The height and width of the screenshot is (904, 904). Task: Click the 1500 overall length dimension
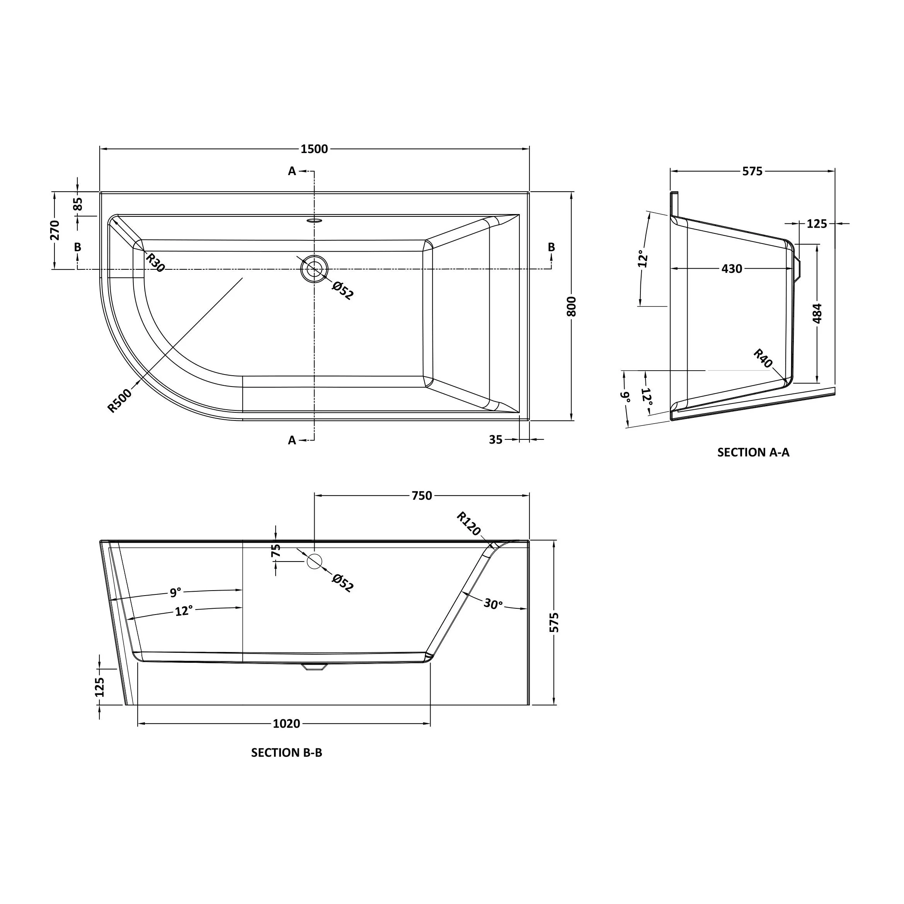[315, 149]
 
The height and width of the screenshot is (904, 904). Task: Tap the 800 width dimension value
[571, 306]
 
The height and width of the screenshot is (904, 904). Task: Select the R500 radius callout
[120, 401]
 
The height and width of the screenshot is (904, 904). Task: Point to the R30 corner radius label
[155, 262]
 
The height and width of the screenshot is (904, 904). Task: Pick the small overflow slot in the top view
[315, 220]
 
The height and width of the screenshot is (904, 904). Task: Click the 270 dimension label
[55, 230]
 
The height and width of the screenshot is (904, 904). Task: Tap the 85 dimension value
[78, 204]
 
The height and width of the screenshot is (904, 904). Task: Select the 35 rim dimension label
[495, 439]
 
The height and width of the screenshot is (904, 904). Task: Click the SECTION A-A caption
[753, 452]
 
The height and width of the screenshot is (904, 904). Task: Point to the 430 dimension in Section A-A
[732, 269]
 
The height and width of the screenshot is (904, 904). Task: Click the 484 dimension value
[817, 313]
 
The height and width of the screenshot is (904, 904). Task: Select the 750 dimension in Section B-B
[422, 495]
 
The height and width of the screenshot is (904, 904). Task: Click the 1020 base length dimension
[286, 724]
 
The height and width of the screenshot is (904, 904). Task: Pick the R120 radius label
[469, 524]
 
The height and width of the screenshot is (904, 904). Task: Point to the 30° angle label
[493, 604]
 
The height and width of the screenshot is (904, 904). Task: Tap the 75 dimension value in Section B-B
[276, 550]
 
